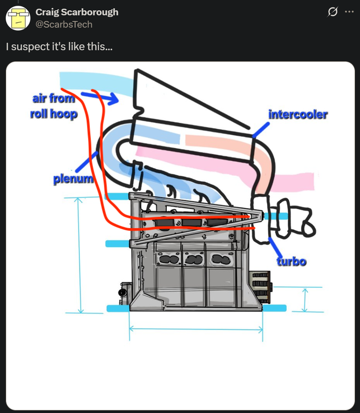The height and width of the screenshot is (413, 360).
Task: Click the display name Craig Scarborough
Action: tap(76, 12)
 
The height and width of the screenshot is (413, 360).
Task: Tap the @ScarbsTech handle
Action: tap(64, 24)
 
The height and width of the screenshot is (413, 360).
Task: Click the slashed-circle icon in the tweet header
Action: tap(333, 12)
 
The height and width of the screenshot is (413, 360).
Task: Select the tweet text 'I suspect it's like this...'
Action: tap(59, 46)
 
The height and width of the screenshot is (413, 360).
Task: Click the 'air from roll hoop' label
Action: tap(54, 106)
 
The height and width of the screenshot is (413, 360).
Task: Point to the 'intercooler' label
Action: tap(298, 114)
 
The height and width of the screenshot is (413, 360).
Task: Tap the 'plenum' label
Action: tap(73, 180)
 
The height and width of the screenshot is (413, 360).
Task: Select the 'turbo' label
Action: tap(291, 261)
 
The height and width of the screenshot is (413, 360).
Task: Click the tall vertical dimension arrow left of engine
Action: tap(80, 255)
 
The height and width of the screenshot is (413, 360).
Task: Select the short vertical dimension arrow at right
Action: tap(304, 299)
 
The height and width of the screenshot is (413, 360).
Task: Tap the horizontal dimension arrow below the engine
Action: tap(196, 328)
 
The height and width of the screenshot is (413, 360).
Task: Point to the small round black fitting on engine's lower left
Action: tap(122, 293)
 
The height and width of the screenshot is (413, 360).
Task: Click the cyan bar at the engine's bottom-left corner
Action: tap(118, 309)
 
